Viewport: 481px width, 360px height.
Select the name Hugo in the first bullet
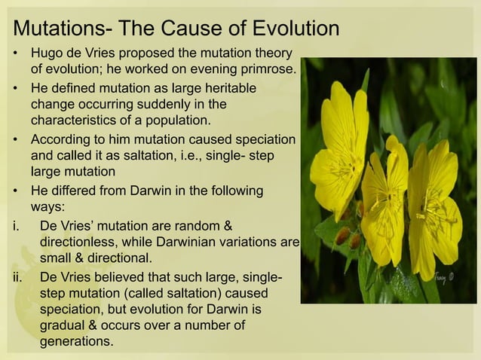point(47,55)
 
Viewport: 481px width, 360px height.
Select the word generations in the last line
point(76,342)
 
